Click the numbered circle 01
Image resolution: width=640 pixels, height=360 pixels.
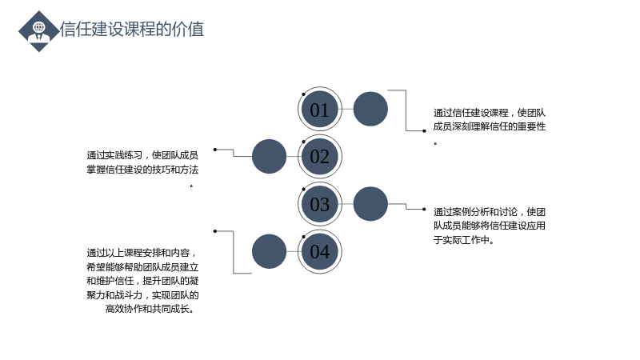(319, 109)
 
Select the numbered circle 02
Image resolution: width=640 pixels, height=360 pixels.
(319, 156)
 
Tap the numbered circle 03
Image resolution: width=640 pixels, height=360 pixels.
(319, 204)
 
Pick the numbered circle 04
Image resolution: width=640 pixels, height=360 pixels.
(319, 251)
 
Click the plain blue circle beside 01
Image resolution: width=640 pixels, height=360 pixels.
(370, 109)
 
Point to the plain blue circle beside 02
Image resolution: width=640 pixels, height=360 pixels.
(269, 156)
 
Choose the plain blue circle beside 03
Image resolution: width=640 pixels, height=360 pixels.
(370, 204)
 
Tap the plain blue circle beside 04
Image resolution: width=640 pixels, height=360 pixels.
(269, 251)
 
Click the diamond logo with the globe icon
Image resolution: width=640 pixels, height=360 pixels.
(38, 31)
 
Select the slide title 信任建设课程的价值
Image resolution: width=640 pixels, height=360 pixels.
(132, 30)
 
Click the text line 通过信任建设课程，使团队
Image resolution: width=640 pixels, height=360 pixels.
(490, 113)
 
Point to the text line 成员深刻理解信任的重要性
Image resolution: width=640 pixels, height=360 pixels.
(490, 126)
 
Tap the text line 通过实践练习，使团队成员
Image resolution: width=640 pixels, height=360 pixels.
(142, 155)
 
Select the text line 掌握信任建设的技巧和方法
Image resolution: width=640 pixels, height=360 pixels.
(142, 170)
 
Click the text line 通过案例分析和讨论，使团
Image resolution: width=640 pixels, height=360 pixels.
(490, 212)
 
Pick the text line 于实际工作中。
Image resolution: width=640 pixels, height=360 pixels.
(464, 240)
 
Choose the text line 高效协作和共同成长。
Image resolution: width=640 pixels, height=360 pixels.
(150, 309)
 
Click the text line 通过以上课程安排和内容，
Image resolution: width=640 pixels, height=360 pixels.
(142, 253)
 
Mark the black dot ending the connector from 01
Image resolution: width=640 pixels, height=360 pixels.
(425, 131)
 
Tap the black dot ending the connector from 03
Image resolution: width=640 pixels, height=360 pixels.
(425, 209)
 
